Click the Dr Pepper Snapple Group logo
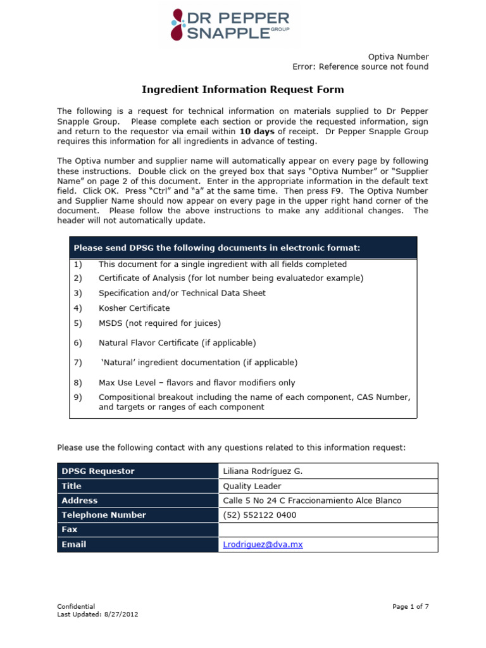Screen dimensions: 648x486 pyautogui.click(x=230, y=25)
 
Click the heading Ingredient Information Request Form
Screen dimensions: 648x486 pyautogui.click(x=242, y=90)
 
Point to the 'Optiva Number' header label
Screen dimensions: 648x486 pyautogui.click(x=399, y=56)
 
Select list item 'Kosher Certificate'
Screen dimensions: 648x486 pyautogui.click(x=134, y=308)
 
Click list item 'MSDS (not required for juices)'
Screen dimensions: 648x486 pyautogui.click(x=159, y=323)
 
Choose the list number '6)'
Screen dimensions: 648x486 pyautogui.click(x=78, y=343)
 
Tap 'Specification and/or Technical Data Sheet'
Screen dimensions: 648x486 pyautogui.click(x=182, y=293)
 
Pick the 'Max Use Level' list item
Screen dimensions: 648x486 pyautogui.click(x=196, y=383)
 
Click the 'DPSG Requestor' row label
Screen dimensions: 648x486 pyautogui.click(x=98, y=471)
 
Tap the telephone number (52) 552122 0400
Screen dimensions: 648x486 pyautogui.click(x=259, y=515)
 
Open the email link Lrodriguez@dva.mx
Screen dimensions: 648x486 pyautogui.click(x=263, y=544)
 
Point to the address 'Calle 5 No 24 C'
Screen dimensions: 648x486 pyautogui.click(x=312, y=501)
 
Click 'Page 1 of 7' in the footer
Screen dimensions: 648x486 pyautogui.click(x=410, y=606)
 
